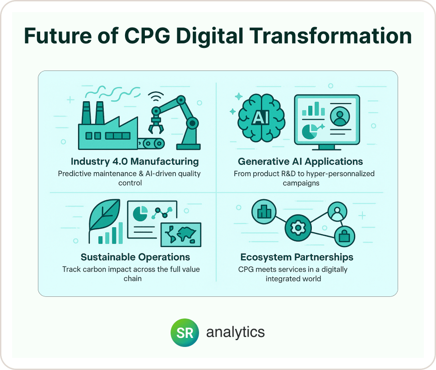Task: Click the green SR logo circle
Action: click(185, 333)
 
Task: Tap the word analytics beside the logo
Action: click(235, 332)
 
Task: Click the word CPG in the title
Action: click(147, 36)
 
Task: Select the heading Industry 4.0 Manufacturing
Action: click(135, 161)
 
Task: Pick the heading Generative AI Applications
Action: click(300, 161)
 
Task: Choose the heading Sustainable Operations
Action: click(135, 257)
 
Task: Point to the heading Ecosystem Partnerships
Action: click(297, 257)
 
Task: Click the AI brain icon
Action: click(261, 118)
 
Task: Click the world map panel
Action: click(181, 234)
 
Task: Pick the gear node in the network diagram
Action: click(298, 228)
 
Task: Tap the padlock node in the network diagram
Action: click(344, 236)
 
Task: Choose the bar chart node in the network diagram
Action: click(264, 212)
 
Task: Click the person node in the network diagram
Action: click(337, 211)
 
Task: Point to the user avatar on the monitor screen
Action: click(340, 116)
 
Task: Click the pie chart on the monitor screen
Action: click(309, 131)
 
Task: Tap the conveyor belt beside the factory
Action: click(150, 144)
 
